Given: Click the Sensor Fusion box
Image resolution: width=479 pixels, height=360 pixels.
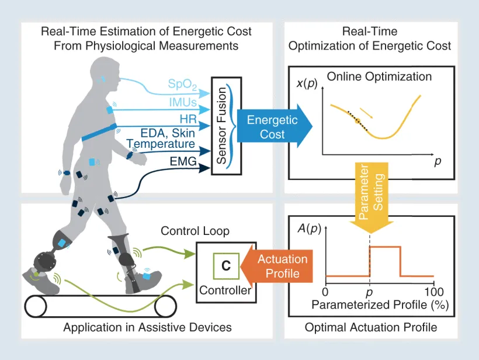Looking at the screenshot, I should (221, 126).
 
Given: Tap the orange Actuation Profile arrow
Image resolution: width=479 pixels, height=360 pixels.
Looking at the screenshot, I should (279, 266).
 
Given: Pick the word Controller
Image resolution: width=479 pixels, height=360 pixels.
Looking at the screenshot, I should (225, 290).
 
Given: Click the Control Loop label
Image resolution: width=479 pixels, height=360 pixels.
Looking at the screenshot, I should (195, 231).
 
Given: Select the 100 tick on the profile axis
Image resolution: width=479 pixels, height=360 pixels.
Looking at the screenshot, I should (433, 292).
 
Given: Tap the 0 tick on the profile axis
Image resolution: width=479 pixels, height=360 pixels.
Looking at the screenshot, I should (325, 292).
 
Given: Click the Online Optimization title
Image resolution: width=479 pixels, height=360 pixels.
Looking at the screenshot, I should (379, 77).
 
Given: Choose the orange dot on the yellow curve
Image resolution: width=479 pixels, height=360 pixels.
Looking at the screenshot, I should (357, 121).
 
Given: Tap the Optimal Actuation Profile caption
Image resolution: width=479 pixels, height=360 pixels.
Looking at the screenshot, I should (371, 327).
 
